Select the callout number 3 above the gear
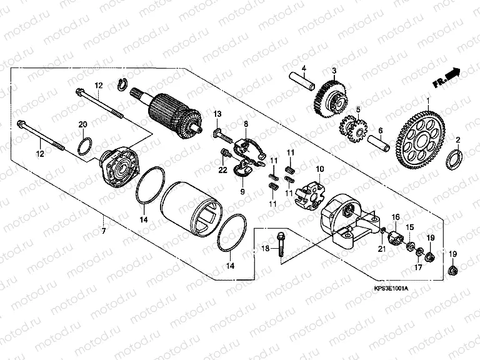(x=334, y=71)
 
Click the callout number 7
(x=104, y=231)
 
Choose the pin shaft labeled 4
(x=302, y=81)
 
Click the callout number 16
(x=396, y=217)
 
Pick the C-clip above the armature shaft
(x=122, y=85)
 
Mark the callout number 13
(x=217, y=114)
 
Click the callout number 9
(x=242, y=192)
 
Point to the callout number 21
(x=382, y=249)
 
